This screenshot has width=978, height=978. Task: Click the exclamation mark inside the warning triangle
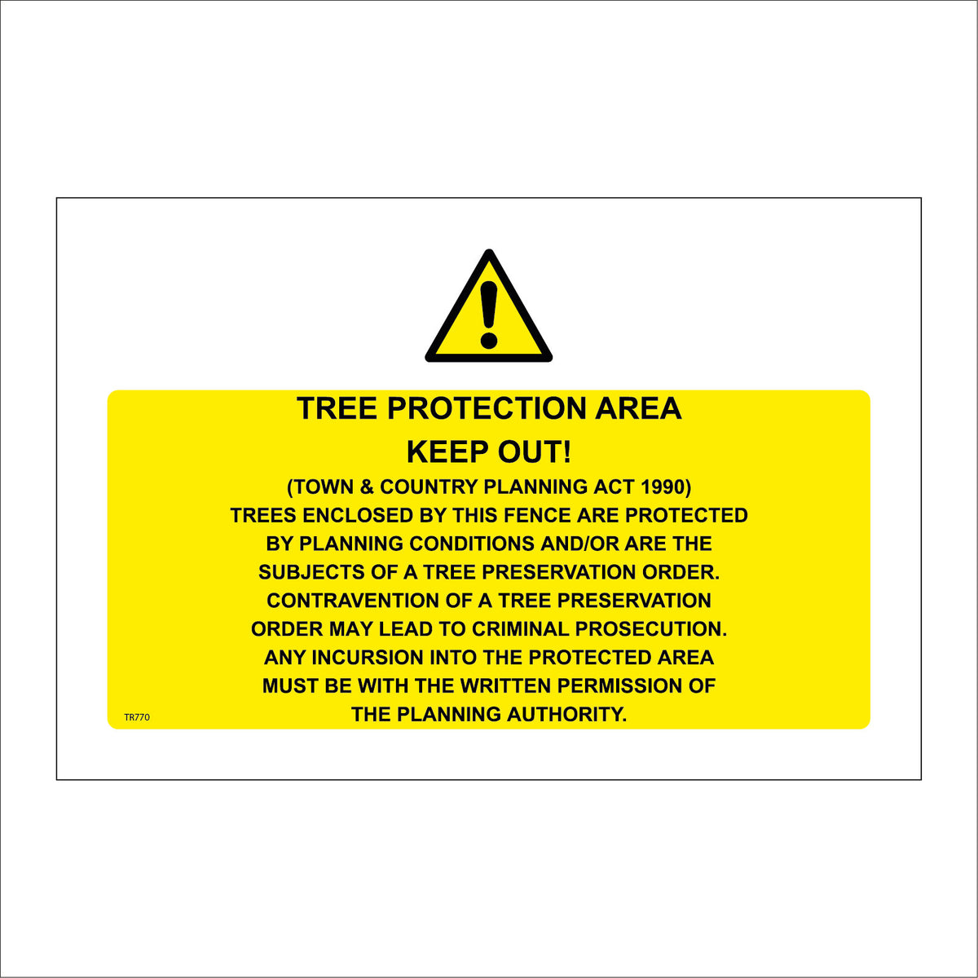click(x=489, y=314)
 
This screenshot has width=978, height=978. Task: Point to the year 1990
click(x=665, y=487)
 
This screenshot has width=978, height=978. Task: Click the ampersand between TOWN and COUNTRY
click(x=366, y=487)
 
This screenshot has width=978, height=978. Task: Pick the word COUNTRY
click(x=429, y=487)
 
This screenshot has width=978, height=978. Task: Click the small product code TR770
click(x=137, y=718)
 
